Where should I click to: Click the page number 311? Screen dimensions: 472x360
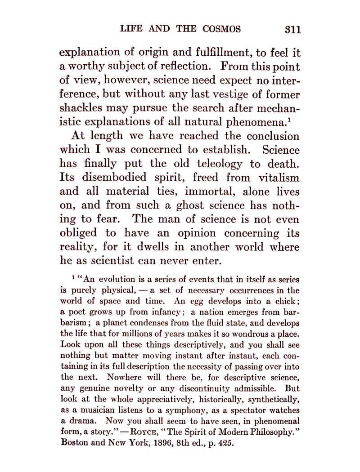pos(292,30)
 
